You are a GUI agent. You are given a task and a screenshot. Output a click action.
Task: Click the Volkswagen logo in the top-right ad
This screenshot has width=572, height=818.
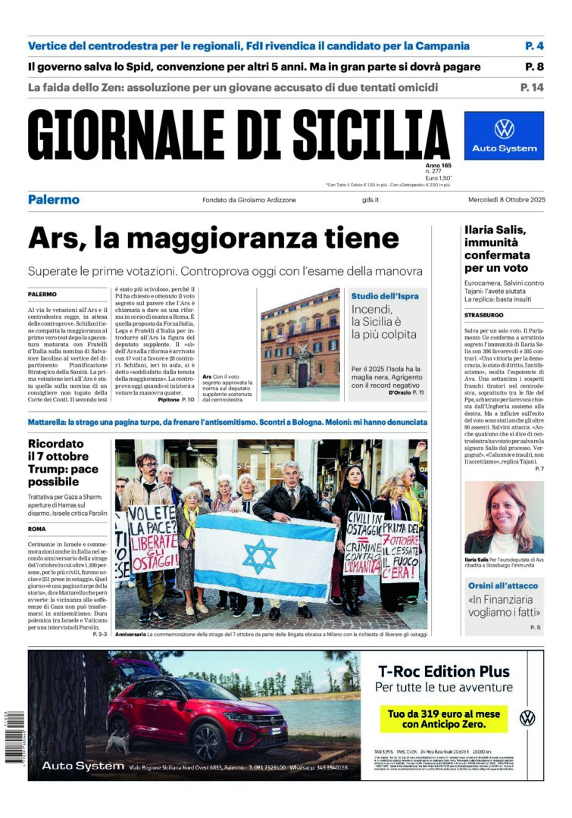click(504, 129)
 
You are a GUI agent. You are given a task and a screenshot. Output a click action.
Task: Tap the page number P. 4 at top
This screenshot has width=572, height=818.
click(534, 46)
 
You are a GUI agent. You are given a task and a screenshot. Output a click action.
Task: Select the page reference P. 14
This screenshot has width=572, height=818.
click(532, 88)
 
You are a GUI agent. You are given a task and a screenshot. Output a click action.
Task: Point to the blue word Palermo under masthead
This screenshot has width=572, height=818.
click(54, 200)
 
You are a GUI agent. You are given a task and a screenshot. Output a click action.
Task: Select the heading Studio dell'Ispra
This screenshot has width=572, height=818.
click(385, 296)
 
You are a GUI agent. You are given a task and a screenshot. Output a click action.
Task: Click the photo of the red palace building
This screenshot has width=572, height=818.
click(300, 345)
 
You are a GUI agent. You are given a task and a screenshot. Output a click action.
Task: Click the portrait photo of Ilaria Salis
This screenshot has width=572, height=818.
click(504, 517)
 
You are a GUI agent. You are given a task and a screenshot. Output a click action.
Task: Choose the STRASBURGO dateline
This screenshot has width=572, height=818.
click(484, 315)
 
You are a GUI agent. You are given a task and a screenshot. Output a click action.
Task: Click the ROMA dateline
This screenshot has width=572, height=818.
click(37, 529)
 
